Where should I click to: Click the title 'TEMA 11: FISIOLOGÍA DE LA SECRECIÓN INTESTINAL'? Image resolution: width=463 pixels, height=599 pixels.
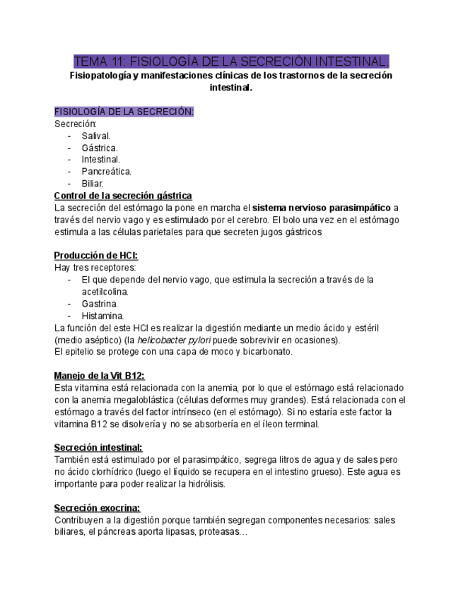[231, 61]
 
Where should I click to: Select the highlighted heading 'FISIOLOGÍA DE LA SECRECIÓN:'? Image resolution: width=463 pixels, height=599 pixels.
[124, 112]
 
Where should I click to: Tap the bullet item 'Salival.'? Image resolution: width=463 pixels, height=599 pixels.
[95, 136]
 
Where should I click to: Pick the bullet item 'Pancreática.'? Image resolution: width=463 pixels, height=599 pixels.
[106, 172]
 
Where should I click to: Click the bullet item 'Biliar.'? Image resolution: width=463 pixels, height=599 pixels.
[93, 184]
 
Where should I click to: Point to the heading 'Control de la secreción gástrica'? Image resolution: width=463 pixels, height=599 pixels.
[123, 196]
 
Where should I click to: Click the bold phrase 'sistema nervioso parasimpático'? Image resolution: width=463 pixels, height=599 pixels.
[322, 208]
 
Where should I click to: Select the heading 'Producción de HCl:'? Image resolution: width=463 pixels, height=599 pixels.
[96, 256]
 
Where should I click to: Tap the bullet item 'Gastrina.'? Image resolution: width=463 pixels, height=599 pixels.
[100, 304]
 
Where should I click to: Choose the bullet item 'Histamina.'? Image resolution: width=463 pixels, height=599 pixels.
[102, 316]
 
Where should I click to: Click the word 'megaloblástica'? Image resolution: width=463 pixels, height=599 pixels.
[116, 400]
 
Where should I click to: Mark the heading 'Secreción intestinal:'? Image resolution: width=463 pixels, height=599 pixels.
[98, 448]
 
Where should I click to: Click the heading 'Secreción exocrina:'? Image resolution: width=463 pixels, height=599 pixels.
[97, 508]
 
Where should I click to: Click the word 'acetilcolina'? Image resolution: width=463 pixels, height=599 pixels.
[105, 292]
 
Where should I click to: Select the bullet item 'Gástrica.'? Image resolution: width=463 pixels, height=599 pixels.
[99, 148]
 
